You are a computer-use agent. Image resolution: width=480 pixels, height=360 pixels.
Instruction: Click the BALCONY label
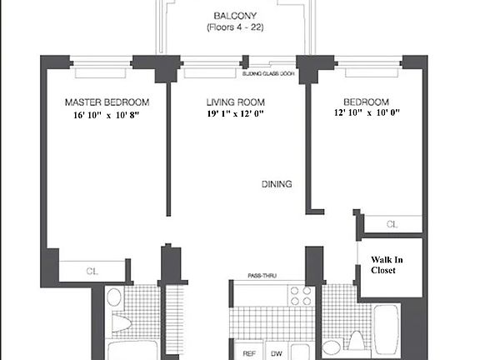pos(234,16)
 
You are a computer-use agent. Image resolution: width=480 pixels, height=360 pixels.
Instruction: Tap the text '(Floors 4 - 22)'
pos(234,27)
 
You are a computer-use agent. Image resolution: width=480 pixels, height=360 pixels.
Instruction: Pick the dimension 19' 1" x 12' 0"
pos(235,115)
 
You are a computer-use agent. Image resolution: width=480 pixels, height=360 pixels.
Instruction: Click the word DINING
pos(277,184)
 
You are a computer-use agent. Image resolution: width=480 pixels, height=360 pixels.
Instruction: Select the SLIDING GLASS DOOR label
pos(269,74)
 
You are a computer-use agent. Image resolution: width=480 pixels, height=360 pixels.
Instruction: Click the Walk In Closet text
pos(388,265)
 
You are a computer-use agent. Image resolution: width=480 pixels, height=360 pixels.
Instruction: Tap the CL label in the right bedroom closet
pos(393,224)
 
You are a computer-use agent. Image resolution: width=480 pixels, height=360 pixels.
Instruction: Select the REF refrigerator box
pos(247,352)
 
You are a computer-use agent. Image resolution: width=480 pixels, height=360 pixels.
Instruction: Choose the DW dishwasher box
pos(277,352)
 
